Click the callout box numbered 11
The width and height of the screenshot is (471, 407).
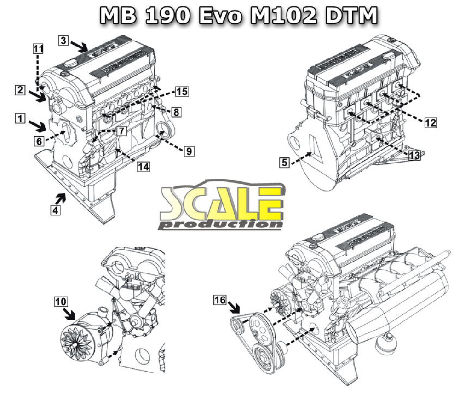pos(38,48)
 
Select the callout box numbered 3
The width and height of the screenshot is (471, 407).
pos(64,40)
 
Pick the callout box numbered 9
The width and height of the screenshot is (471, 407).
pos(189,150)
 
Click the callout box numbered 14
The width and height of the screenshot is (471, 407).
pos(144,167)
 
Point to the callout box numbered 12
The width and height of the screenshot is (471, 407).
pos(430,122)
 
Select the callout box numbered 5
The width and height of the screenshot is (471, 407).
pos(285,162)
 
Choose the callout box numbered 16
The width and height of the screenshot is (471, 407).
pos(220,300)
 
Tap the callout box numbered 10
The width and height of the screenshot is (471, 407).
pos(61,302)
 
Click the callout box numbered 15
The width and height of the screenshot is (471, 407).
pos(182,92)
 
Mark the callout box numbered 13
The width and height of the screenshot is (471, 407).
pos(414,156)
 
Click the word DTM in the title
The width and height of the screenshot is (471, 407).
pos(351,16)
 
